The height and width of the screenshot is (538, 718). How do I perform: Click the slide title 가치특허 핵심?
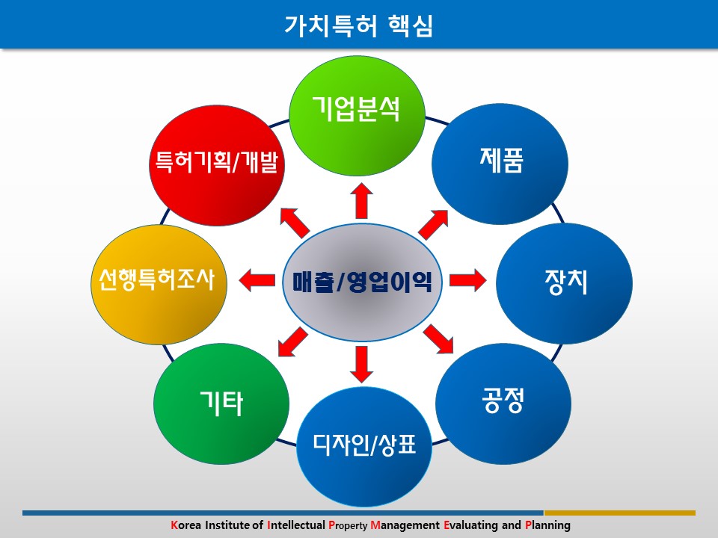tap(359, 25)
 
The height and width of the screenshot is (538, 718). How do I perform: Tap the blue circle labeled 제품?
tap(500, 161)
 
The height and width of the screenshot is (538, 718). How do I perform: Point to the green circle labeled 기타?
tap(221, 404)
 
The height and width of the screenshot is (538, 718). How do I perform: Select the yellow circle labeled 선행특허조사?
tap(156, 282)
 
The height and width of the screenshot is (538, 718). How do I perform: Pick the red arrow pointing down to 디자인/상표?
tap(362, 363)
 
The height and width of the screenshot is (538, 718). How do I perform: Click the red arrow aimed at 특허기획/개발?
tap(293, 222)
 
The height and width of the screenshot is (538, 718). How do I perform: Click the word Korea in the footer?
tap(186, 525)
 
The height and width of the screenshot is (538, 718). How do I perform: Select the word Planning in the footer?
tap(547, 525)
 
